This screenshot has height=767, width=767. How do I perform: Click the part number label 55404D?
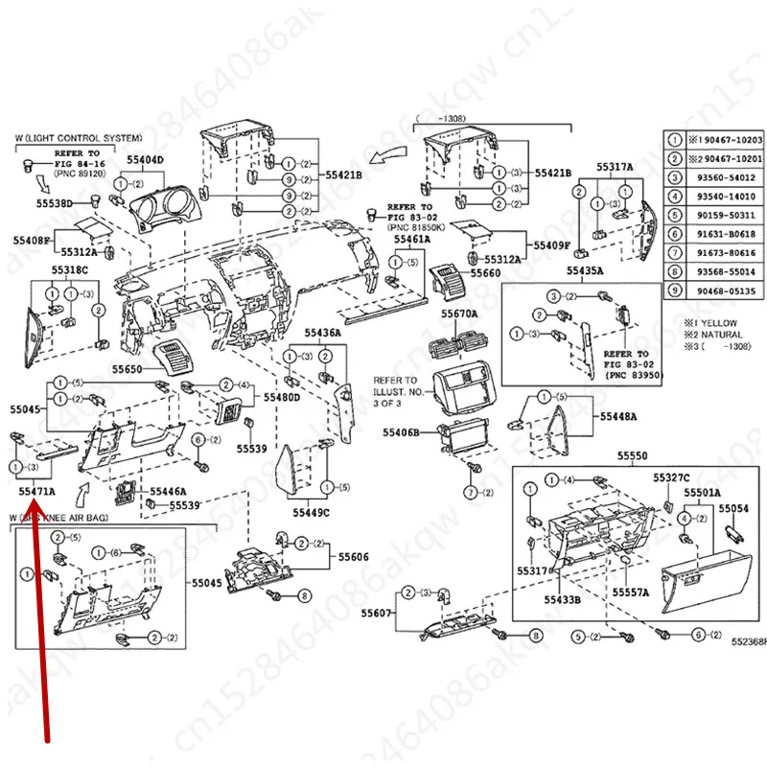[x=146, y=159]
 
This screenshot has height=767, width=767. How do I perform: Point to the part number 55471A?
[x=37, y=491]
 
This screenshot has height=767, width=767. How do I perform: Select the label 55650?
[x=128, y=369]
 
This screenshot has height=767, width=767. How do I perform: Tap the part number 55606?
[x=354, y=557]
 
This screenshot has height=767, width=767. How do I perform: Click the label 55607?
[x=377, y=613]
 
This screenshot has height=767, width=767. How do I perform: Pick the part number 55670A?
[x=459, y=314]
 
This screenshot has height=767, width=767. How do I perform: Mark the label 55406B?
[x=402, y=432]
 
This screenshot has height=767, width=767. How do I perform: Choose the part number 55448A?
[x=619, y=417]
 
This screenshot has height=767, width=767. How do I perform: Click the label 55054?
[x=733, y=508]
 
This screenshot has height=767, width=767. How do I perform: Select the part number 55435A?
[x=584, y=271]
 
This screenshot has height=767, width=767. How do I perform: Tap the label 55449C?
[x=311, y=513]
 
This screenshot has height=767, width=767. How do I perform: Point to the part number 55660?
[x=485, y=274]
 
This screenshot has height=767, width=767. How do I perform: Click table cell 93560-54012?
[x=727, y=177]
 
